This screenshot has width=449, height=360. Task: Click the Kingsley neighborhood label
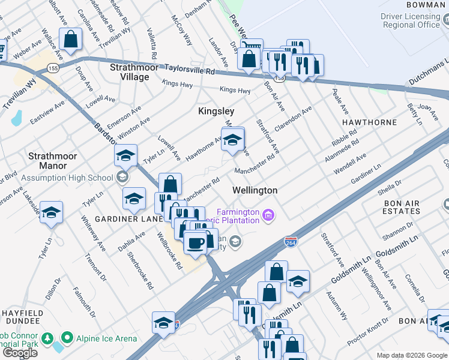point(216,112)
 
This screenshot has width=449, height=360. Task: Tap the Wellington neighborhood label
point(255,190)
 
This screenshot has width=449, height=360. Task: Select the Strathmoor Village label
point(134,72)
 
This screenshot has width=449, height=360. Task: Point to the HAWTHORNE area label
point(369,122)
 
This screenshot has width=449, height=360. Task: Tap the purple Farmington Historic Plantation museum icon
point(268,214)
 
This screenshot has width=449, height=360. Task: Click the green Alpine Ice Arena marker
point(67,338)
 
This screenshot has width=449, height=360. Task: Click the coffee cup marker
point(194,243)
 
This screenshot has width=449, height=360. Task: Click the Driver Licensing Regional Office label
point(411,20)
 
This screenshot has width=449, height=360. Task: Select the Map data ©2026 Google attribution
point(411,355)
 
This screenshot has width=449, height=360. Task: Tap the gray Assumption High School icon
point(122,177)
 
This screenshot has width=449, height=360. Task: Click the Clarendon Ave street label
point(294,120)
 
